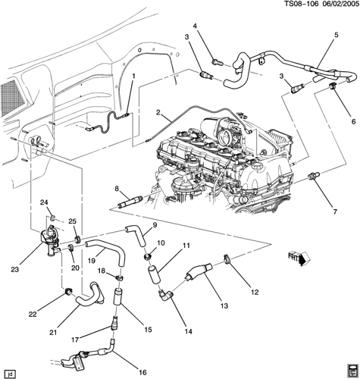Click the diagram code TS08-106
tap(300, 4)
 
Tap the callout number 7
tap(335, 211)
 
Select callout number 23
tap(15, 270)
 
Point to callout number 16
tap(142, 372)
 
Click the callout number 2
tap(158, 112)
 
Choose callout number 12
tap(255, 293)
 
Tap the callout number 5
tap(337, 35)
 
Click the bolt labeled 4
tap(217, 61)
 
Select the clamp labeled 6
tap(333, 86)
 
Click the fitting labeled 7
tap(314, 175)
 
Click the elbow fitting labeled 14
tap(165, 295)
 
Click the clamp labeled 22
tap(67, 292)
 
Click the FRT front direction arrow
tap(299, 258)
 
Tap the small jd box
tap(10, 373)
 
